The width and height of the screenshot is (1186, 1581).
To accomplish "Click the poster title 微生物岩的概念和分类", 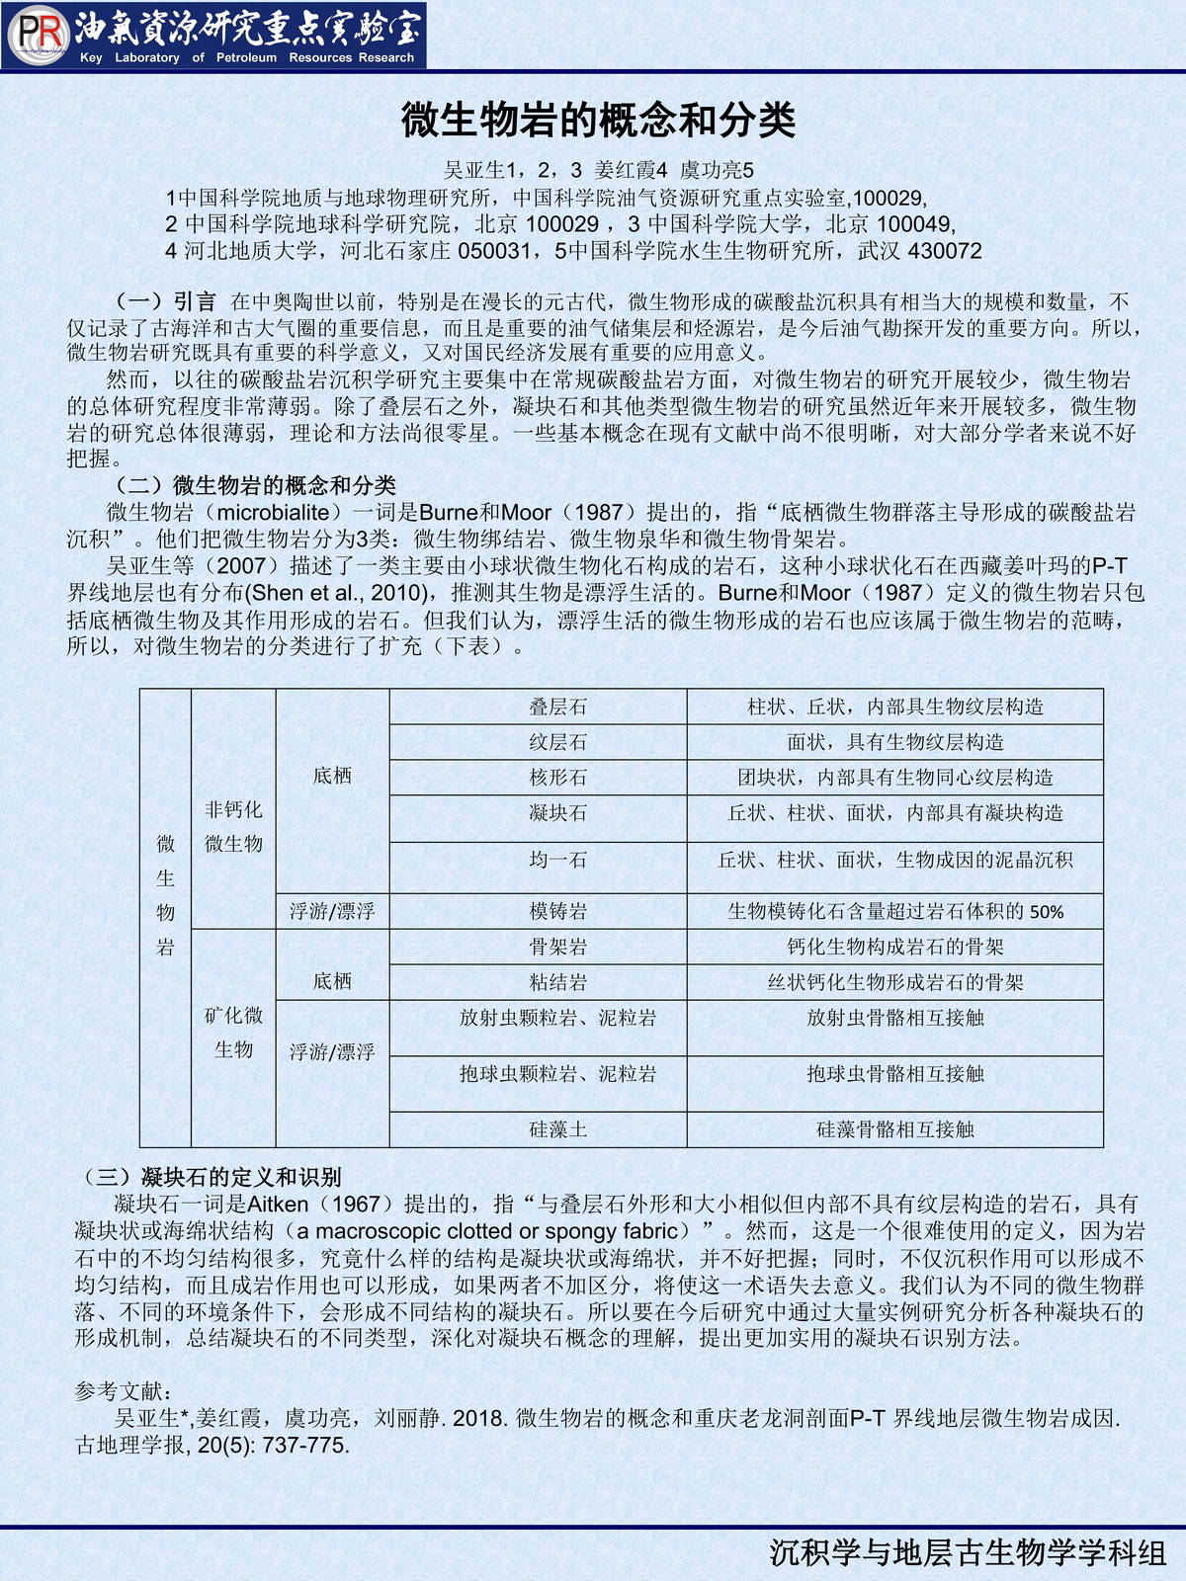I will [x=598, y=121].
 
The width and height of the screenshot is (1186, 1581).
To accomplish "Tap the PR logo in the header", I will [x=38, y=35].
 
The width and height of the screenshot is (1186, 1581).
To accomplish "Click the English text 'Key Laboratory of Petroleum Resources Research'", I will [x=247, y=57].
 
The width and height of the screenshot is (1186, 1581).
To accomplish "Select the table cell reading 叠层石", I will [x=557, y=707].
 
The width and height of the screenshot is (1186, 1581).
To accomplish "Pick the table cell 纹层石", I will [x=557, y=742].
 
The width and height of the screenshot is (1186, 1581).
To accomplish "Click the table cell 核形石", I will [x=557, y=778].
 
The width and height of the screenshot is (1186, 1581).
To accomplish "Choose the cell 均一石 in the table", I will [x=557, y=860].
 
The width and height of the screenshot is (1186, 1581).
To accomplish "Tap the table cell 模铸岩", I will [x=557, y=911].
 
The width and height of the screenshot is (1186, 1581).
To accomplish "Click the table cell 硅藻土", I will [x=557, y=1129].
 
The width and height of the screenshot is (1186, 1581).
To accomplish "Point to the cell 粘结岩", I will [x=557, y=982].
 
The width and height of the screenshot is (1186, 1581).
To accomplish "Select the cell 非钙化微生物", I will [x=233, y=826].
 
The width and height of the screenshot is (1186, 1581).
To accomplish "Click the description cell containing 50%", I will [x=894, y=911].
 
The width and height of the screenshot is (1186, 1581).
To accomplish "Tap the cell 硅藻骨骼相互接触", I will [x=894, y=1129].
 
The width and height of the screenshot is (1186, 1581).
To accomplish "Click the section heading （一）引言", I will [x=165, y=301].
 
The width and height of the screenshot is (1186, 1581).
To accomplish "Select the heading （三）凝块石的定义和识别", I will [x=212, y=1177].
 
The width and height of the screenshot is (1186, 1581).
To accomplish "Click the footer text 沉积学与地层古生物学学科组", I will [x=968, y=1552].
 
